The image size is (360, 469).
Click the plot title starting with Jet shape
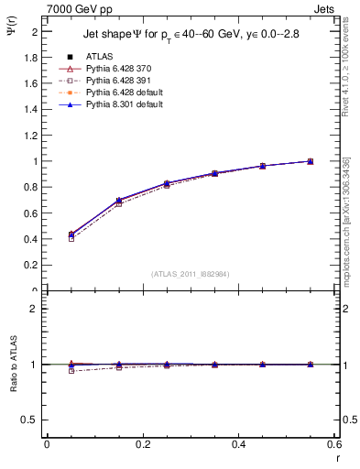(x=191, y=34)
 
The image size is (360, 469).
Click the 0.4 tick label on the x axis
(x=238, y=444)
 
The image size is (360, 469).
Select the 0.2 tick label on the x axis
(x=142, y=444)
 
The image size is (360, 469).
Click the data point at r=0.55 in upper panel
(x=311, y=161)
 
